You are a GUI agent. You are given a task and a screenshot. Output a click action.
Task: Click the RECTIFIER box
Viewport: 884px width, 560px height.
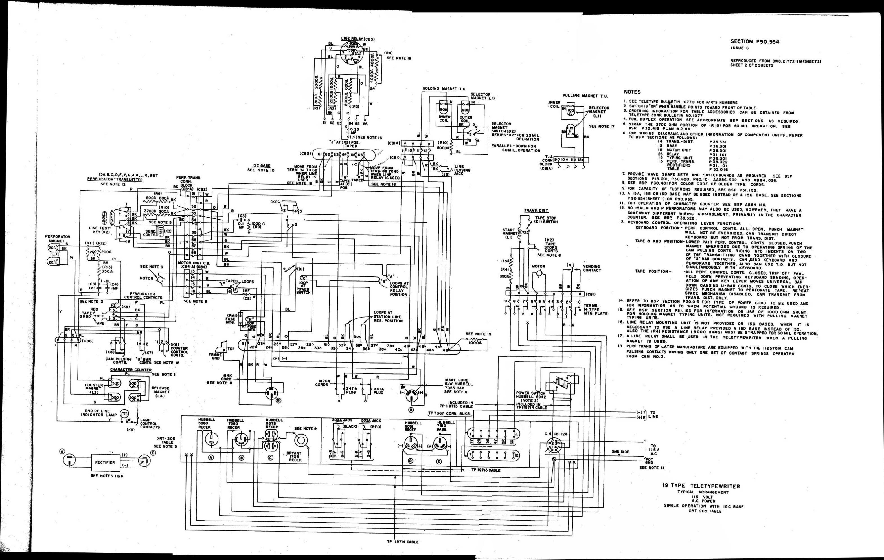[x=105, y=462]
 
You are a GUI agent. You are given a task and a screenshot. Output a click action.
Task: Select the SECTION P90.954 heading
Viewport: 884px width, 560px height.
[x=754, y=42]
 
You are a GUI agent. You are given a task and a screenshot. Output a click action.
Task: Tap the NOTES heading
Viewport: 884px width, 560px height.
[x=632, y=92]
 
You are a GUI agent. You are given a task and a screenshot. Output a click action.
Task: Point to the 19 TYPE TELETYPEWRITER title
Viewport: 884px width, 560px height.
[x=701, y=486]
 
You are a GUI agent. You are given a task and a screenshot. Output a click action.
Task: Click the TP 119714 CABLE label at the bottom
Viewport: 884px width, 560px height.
[x=402, y=542]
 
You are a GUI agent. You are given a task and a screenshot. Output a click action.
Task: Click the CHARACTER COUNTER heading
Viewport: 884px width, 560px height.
[x=131, y=370]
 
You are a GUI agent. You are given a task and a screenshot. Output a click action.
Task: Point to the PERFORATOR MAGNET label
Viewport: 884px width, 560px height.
[x=58, y=239]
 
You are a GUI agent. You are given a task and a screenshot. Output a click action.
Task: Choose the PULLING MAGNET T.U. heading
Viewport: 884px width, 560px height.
[x=585, y=96]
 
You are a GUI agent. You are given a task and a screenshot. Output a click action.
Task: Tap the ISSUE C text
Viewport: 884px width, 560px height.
[x=739, y=48]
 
